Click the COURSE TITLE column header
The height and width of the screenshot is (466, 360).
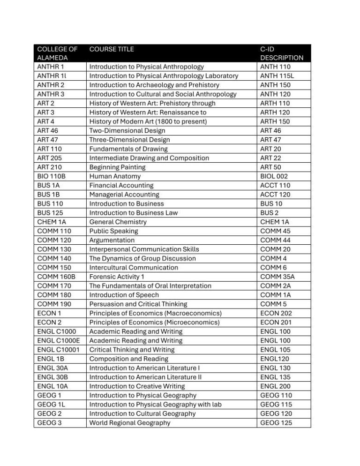tap(112, 49)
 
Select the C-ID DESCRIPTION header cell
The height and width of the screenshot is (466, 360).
tap(281, 53)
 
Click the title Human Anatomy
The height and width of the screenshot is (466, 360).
tap(115, 176)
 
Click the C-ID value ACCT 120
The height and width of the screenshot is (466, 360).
tap(275, 195)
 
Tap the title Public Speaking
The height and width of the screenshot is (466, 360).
tap(114, 231)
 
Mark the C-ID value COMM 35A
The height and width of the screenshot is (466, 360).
tap(277, 277)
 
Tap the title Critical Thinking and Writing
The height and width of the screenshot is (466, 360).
tap(132, 350)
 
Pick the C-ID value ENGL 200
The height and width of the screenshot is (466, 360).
tap(275, 386)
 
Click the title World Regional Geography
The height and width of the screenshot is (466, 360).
tap(130, 423)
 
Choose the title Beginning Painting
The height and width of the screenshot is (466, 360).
tap(117, 167)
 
